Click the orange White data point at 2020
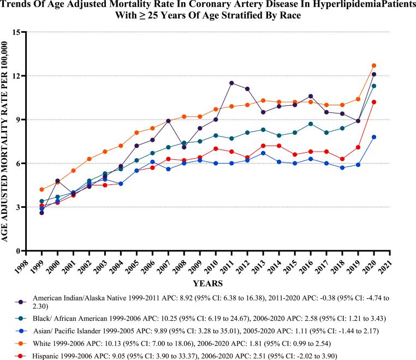click(373, 65)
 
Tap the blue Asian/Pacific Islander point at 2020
click(373, 137)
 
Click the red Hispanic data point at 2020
click(373, 102)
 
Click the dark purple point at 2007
click(168, 121)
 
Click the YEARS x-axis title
click(207, 284)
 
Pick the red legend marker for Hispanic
click(20, 356)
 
